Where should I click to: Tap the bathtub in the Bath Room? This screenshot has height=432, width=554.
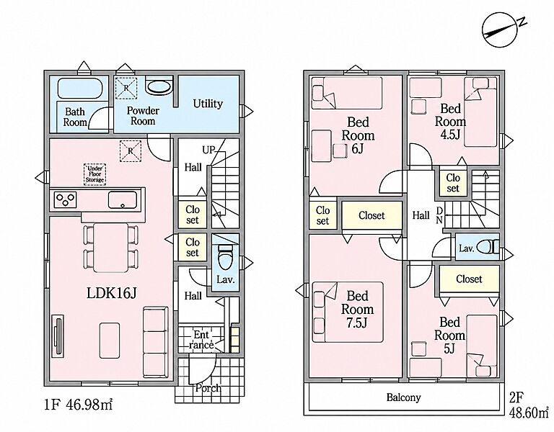point(80,88)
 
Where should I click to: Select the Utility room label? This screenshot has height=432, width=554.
point(208,104)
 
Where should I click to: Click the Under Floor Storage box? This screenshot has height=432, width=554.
point(95,174)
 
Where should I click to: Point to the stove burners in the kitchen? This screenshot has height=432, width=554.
point(66,199)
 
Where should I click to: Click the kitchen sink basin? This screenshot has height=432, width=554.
point(122,201)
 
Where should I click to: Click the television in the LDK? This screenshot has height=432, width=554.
point(58,335)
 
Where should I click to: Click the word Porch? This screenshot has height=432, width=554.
point(208,388)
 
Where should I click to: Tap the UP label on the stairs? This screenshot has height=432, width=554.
point(208,150)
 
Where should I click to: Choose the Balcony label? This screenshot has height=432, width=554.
point(403,397)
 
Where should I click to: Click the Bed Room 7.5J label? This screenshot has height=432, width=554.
point(357,309)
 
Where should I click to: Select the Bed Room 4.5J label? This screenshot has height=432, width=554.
point(450,122)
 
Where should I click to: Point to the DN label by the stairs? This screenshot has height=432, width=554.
point(439,215)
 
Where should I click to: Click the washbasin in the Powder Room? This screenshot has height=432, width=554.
point(158,86)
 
